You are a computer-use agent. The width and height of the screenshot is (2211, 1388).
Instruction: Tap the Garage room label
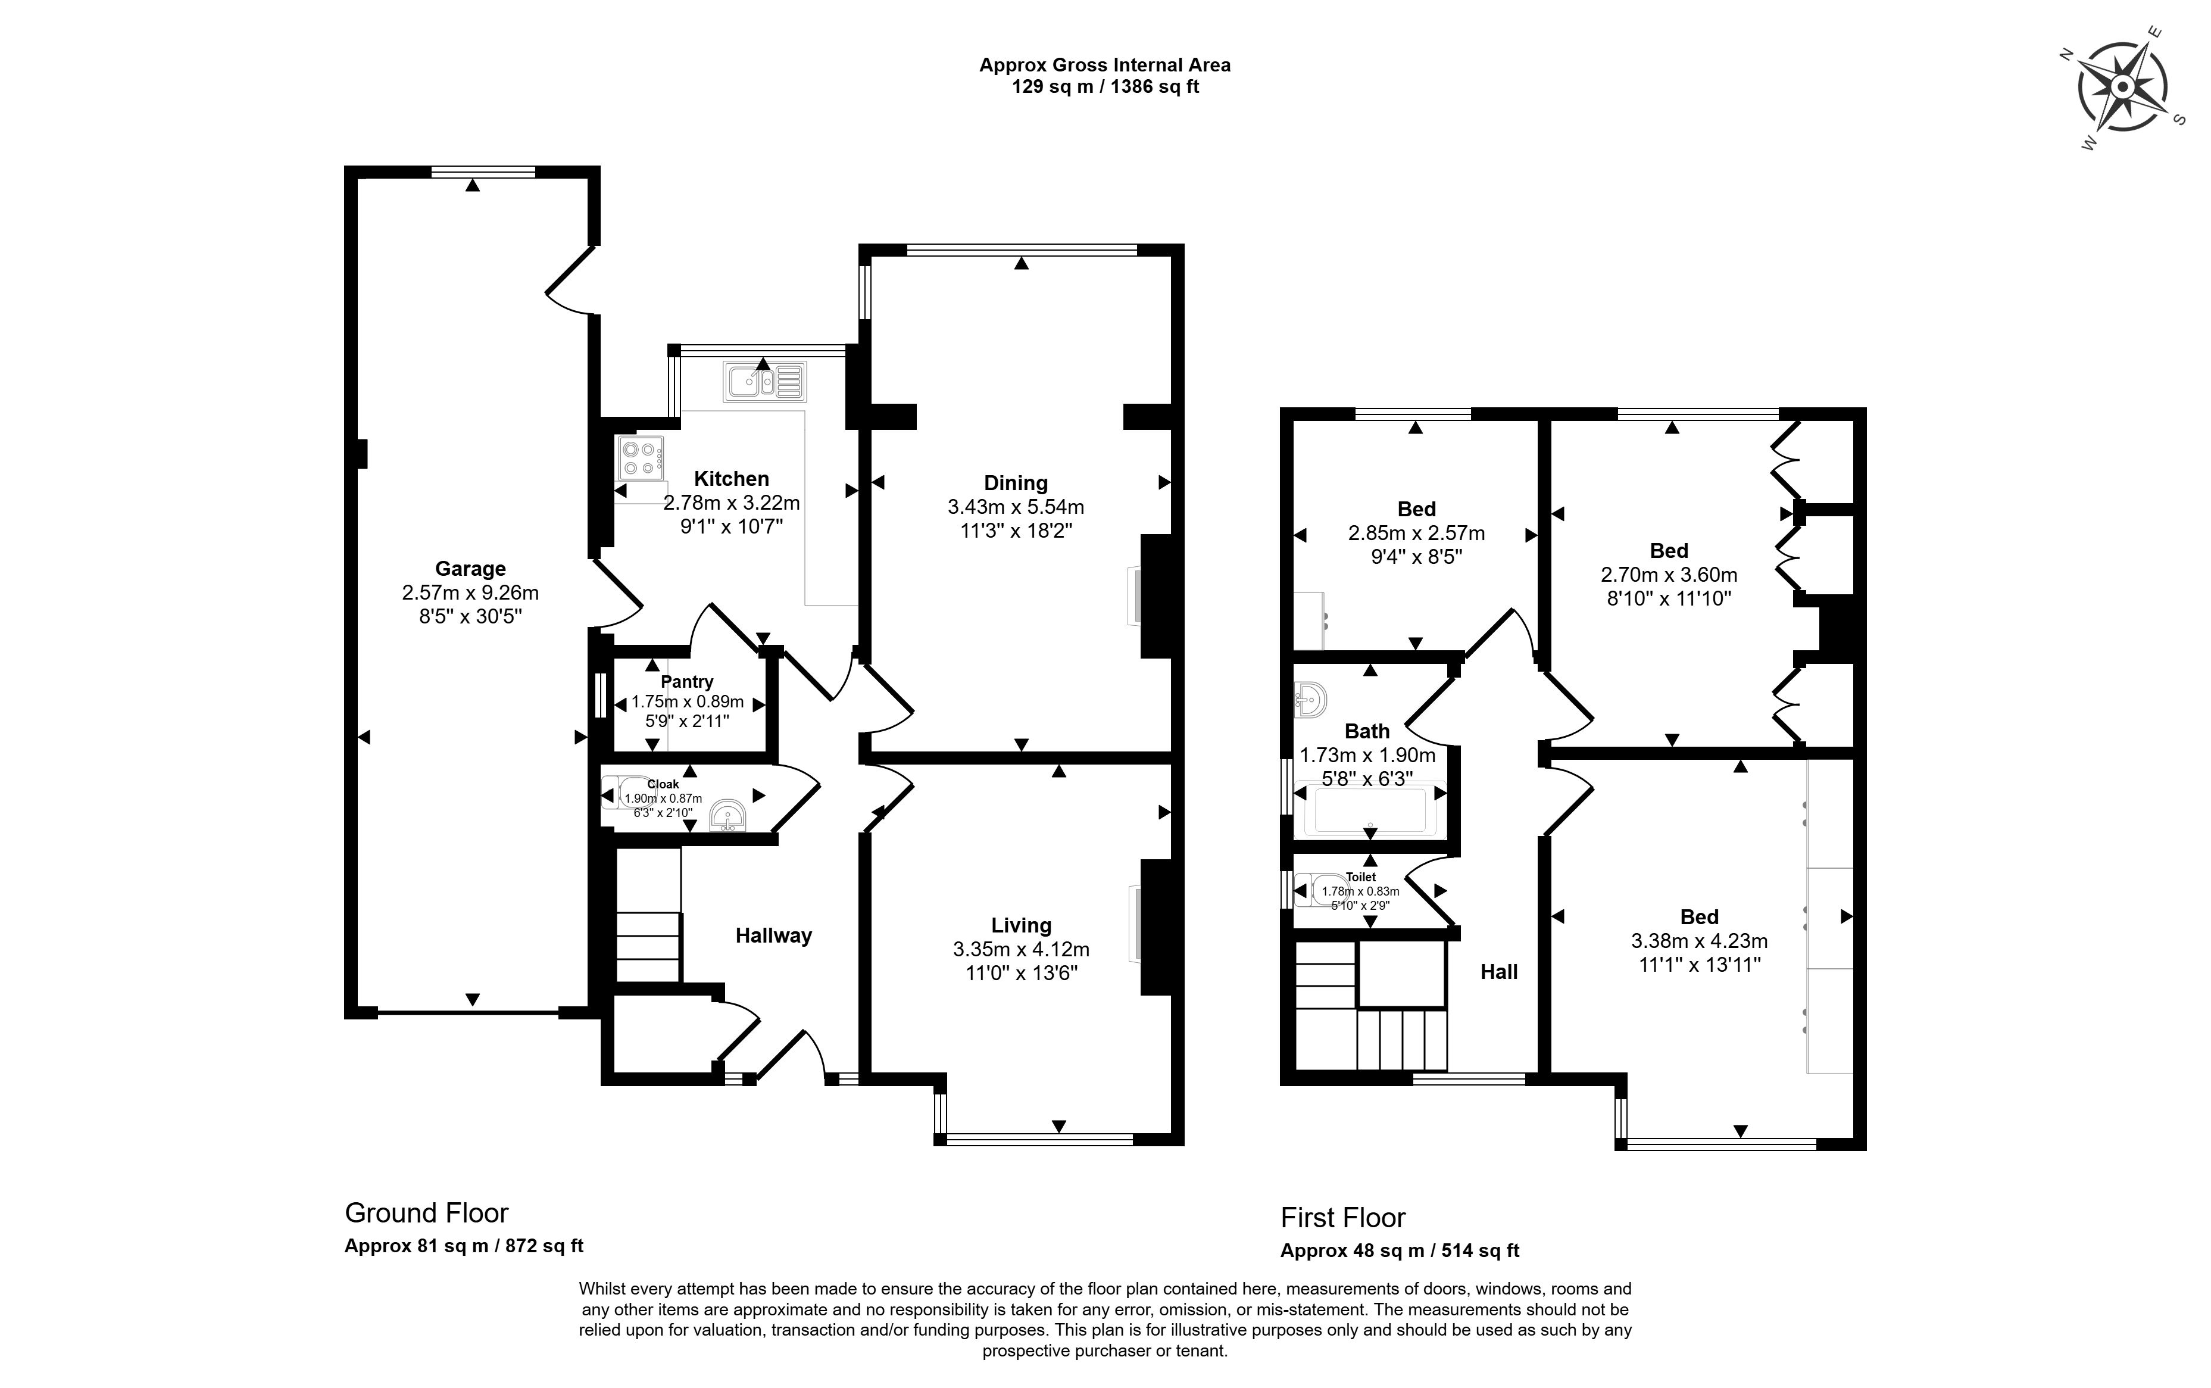click(x=470, y=568)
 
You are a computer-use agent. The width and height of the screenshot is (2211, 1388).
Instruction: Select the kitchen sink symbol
click(x=764, y=382)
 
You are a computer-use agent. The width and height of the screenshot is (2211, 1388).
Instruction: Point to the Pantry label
click(x=686, y=681)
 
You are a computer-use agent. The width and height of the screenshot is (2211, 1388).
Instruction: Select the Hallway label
click(x=773, y=935)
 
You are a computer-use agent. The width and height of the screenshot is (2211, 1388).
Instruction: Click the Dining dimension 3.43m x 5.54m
click(x=1015, y=507)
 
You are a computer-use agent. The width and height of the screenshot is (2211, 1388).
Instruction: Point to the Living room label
click(x=1020, y=925)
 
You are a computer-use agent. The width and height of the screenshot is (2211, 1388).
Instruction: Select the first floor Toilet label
click(x=1360, y=877)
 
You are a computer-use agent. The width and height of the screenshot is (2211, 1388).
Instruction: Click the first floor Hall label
click(x=1499, y=971)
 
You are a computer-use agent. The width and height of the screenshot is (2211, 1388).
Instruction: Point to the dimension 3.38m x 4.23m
click(x=1699, y=940)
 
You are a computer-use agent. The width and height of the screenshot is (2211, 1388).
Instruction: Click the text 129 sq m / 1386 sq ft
click(x=1105, y=87)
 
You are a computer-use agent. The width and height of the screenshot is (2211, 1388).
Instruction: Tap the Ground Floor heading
click(x=426, y=1213)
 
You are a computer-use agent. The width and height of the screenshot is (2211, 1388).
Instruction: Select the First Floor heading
click(x=1343, y=1217)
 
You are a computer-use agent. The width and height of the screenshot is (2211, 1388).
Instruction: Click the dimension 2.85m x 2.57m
click(x=1416, y=532)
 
